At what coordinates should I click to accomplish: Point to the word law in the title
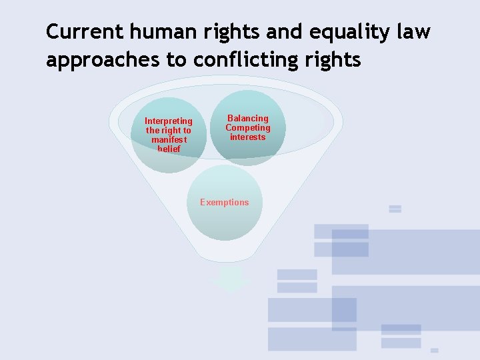413,31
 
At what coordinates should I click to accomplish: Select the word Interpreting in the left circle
169,121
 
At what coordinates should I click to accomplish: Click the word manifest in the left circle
169,140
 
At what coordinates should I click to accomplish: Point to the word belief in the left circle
169,149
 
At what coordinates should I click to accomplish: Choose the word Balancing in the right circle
248,118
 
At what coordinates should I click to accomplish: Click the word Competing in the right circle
248,127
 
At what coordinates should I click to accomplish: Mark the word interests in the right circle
248,137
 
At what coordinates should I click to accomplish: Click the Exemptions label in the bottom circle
225,202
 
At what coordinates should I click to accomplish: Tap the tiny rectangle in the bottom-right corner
434,350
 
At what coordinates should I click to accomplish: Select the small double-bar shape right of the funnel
395,209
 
